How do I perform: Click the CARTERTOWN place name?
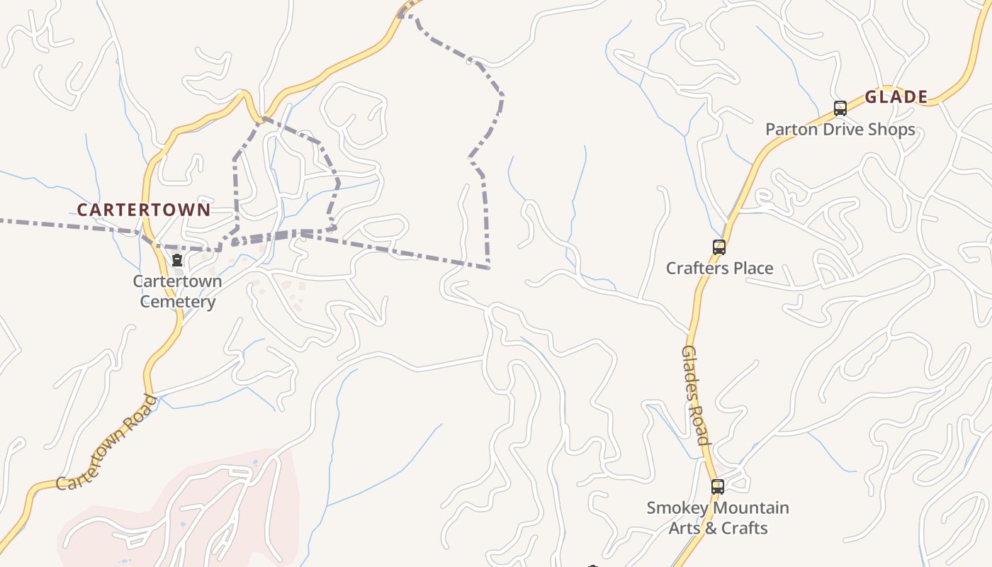click(144, 210)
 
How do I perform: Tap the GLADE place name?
click(896, 97)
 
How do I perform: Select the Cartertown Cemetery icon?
click(177, 260)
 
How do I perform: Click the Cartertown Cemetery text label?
click(177, 291)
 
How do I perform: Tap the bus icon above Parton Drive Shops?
click(840, 108)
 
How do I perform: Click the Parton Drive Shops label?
click(840, 130)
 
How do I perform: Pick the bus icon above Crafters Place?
click(719, 247)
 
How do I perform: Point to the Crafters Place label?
click(719, 268)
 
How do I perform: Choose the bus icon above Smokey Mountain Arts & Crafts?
click(718, 487)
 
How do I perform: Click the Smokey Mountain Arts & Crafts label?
click(718, 518)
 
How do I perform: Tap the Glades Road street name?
click(695, 395)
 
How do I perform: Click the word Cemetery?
click(177, 302)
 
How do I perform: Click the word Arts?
click(684, 528)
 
